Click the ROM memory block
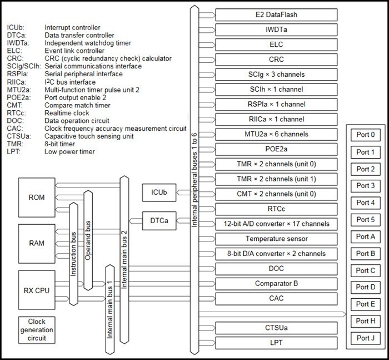37,197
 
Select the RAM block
37,243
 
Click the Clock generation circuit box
37,329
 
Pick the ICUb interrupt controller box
158,193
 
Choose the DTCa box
158,221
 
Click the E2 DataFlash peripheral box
276,14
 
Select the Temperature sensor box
276,239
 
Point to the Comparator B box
276,283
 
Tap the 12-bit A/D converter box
276,224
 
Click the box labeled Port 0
365,135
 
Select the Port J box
365,338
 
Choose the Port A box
365,236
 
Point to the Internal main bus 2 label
124,239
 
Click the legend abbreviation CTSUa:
18,136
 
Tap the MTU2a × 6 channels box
276,134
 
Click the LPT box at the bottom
276,342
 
